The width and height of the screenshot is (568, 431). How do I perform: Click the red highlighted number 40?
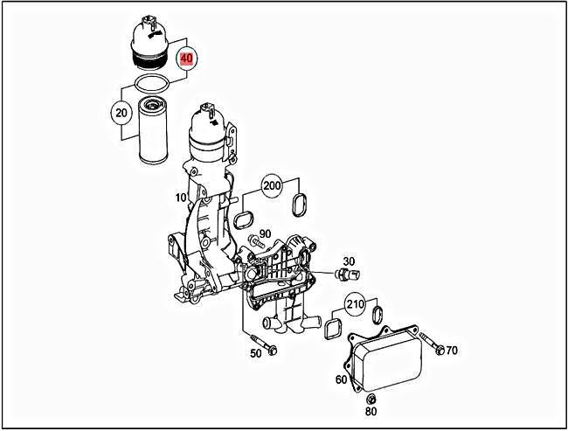coord(186,60)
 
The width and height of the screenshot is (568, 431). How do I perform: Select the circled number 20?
coord(121,112)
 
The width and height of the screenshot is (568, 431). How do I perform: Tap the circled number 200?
coord(272,187)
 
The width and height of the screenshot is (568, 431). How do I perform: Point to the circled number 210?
coord(355,305)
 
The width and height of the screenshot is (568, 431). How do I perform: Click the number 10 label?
coord(180,198)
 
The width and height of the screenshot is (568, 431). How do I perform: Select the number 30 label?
coord(349,261)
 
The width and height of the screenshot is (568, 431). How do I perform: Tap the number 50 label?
coord(256,353)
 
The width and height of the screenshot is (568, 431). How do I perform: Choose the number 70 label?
coord(451,351)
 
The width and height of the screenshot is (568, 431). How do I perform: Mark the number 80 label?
coord(371,411)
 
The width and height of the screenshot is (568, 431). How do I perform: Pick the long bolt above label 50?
coord(260,342)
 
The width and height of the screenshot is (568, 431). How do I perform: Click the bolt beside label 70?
coord(429,342)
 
